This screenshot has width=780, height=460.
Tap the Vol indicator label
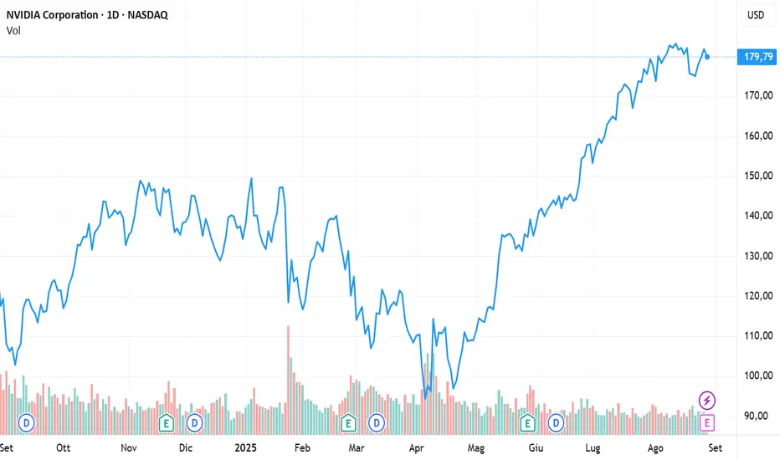pyautogui.click(x=14, y=31)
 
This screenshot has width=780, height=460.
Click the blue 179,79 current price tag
pyautogui.click(x=757, y=57)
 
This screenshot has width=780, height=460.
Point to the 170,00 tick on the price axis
pyautogui.click(x=757, y=95)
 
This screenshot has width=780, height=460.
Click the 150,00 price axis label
pyautogui.click(x=757, y=176)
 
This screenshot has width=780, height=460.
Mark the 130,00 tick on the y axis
pyautogui.click(x=757, y=256)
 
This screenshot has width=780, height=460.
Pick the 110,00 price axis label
pyautogui.click(x=757, y=335)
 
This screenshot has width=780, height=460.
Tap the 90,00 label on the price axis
pyautogui.click(x=757, y=416)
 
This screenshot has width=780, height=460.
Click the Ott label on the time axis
pyautogui.click(x=64, y=447)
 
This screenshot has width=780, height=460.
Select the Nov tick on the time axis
pyautogui.click(x=128, y=447)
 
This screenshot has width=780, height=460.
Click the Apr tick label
pyautogui.click(x=416, y=447)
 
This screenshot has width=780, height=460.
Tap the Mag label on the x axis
pyautogui.click(x=475, y=447)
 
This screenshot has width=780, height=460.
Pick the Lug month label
pyautogui.click(x=593, y=447)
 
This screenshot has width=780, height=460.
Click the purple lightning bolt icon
pyautogui.click(x=707, y=400)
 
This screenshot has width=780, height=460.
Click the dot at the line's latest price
pyautogui.click(x=708, y=57)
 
